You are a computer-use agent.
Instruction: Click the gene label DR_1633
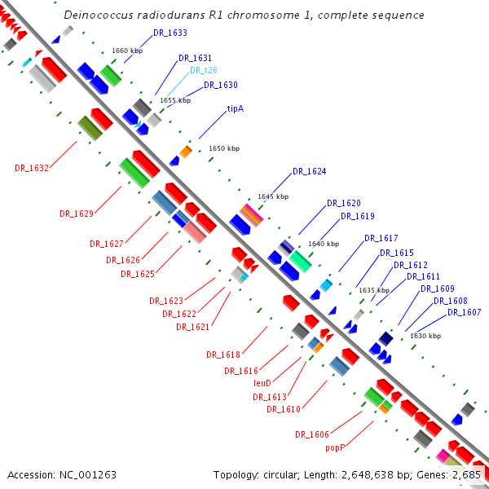coord(170,33)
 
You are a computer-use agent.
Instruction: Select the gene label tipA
coord(236,108)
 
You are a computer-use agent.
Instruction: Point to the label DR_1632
coord(32,168)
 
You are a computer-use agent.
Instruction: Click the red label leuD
coord(262,382)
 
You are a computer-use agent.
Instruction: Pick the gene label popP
coord(336,447)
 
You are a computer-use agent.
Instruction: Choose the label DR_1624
coord(309,172)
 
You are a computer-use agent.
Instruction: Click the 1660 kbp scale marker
coord(127,51)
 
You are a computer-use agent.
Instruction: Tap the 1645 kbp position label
coord(273,196)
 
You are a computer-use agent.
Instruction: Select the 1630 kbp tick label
coord(425,336)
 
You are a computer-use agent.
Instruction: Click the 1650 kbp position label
coord(224,148)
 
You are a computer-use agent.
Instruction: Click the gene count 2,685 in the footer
coord(466,474)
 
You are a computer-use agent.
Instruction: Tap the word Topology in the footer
coord(236,474)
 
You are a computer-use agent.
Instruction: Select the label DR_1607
coord(464,313)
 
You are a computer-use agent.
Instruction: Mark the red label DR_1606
coord(312,434)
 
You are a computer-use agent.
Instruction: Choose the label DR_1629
coord(77,214)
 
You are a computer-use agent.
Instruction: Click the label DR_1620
coord(344,203)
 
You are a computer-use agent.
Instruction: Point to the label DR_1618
coord(223,355)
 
